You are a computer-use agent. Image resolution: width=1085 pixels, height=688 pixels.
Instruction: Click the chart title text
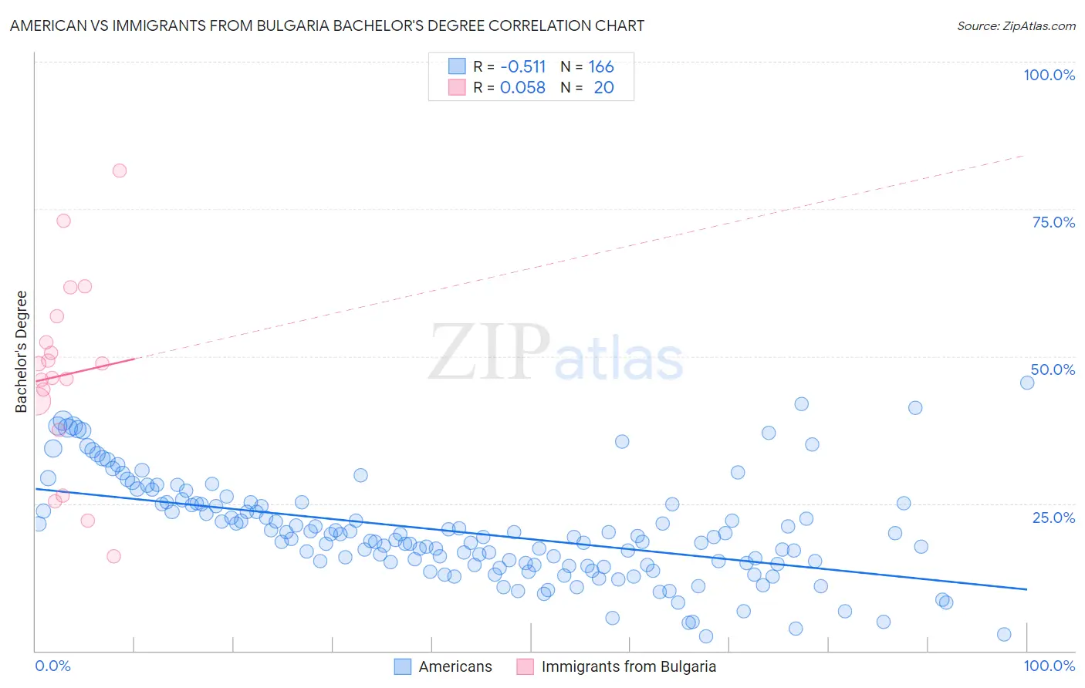tap(326, 25)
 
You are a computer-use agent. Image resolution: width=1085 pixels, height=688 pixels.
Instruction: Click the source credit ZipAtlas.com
tap(1016, 25)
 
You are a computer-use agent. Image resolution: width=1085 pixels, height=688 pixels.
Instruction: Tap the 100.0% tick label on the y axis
tap(1049, 75)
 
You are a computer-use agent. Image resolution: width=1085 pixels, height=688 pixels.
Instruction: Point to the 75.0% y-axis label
tap(1053, 222)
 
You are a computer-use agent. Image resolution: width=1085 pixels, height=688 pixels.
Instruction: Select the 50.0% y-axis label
tap(1053, 369)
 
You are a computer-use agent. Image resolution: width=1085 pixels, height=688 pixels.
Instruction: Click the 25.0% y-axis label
tap(1053, 517)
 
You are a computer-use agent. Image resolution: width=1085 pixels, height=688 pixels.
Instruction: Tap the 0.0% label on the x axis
tap(52, 666)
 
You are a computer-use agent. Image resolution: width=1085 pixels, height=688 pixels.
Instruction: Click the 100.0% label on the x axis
tap(1049, 666)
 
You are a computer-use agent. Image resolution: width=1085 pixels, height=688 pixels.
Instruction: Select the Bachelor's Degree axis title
tap(22, 352)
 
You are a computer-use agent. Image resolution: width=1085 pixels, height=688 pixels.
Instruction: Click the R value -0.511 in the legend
tap(522, 66)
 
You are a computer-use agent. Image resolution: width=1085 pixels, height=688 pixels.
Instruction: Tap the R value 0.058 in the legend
tap(522, 87)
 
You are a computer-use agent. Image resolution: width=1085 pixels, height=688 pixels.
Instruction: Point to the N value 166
tap(601, 66)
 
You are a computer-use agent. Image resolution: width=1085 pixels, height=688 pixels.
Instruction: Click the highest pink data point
tap(119, 170)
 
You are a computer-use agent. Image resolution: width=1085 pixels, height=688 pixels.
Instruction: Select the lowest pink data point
tap(113, 556)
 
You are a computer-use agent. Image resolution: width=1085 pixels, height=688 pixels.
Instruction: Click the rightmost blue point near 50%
tap(1026, 383)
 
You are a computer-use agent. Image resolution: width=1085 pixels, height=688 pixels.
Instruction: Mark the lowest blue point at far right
tap(1003, 634)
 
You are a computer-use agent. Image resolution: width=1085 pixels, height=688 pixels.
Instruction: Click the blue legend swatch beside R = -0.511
tap(457, 66)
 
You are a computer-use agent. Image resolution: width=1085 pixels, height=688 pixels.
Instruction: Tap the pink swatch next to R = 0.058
tap(457, 87)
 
